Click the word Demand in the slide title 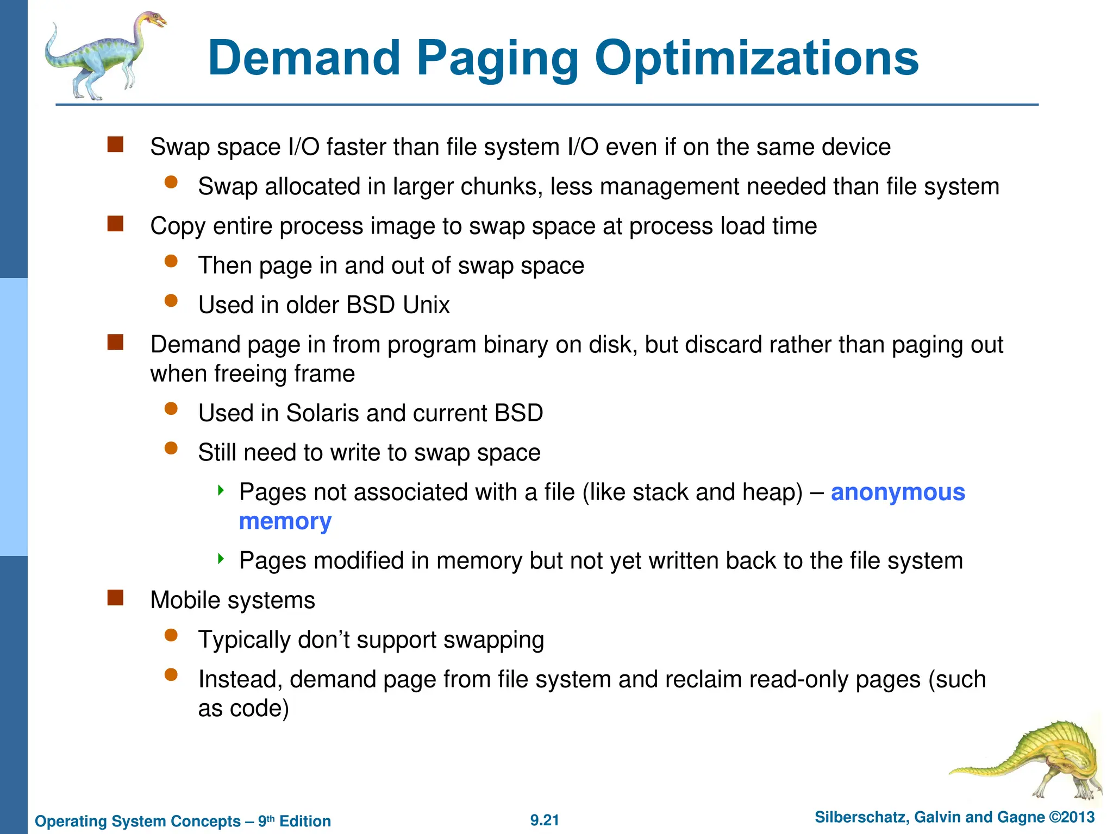click(x=304, y=58)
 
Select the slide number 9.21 click(x=545, y=820)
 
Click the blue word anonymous click(x=898, y=492)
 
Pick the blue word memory click(x=285, y=521)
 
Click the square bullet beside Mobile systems click(x=115, y=598)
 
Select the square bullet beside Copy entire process click(x=115, y=224)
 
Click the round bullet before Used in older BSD click(x=171, y=301)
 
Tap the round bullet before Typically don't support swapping click(x=171, y=635)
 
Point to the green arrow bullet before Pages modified click(x=221, y=559)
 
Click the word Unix click(x=426, y=305)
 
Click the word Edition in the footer click(x=305, y=821)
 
